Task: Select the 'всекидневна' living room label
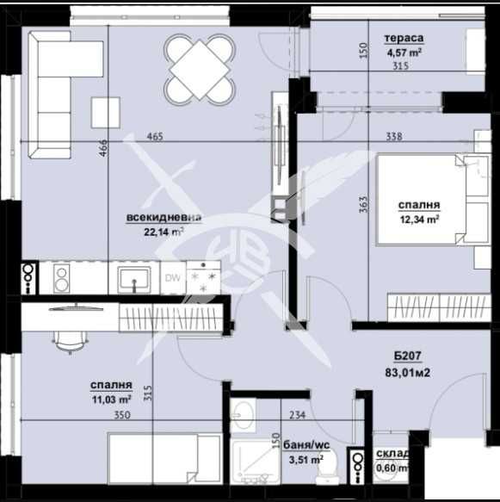click(164, 218)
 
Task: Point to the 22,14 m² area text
click(164, 232)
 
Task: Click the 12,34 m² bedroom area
click(419, 220)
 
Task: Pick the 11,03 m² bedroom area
click(111, 400)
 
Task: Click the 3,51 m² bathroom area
click(303, 459)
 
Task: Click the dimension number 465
click(156, 136)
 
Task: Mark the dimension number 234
click(297, 415)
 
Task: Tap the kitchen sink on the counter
click(134, 279)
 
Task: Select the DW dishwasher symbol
click(172, 278)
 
